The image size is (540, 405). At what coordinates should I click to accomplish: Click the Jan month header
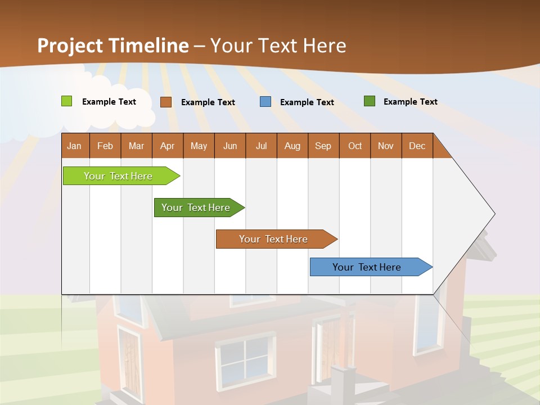coord(75,146)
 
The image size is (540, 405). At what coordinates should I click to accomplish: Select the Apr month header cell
coord(167,146)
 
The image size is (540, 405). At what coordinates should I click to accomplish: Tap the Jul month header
coord(261,146)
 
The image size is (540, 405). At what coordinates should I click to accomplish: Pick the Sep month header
coord(323,146)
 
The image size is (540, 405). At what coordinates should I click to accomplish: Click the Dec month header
coord(417,146)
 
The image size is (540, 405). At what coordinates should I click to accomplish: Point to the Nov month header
coord(386,146)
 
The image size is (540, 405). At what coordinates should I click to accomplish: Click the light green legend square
coord(66,101)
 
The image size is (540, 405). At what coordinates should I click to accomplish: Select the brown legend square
coord(165,102)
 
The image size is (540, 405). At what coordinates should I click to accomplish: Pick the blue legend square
coord(265,101)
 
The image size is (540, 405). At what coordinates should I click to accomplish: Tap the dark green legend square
coord(370,101)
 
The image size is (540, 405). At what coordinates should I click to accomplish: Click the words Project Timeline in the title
coord(112,46)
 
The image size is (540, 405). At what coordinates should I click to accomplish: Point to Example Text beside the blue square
coord(307,102)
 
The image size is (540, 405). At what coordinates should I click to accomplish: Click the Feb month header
coord(105,146)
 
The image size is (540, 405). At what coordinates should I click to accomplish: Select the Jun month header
coord(230,146)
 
